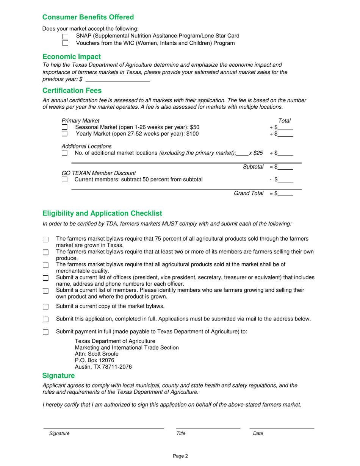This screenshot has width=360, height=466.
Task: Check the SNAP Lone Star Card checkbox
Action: click(x=65, y=36)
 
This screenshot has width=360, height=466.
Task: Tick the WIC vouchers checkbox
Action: click(x=65, y=43)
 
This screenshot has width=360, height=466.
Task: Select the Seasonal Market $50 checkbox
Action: click(x=65, y=127)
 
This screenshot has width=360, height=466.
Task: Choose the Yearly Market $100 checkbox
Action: click(x=65, y=133)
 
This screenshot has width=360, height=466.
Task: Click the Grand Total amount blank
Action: click(x=285, y=194)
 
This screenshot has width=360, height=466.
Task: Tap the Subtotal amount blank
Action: click(x=285, y=167)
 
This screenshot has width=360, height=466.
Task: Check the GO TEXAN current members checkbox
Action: click(x=65, y=180)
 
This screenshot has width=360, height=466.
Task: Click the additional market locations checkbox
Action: click(x=65, y=153)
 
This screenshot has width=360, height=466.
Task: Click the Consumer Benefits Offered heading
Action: click(x=88, y=17)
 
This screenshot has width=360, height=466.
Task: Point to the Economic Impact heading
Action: click(x=72, y=57)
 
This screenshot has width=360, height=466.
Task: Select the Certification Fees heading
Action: click(x=72, y=91)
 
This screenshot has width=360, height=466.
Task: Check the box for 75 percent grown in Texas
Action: click(x=46, y=239)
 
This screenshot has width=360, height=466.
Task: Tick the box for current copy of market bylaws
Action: click(x=46, y=306)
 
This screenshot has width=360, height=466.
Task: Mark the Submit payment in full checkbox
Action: click(x=46, y=332)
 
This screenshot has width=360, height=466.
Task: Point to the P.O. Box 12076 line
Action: click(x=94, y=360)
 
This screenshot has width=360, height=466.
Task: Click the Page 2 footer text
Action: click(x=180, y=456)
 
